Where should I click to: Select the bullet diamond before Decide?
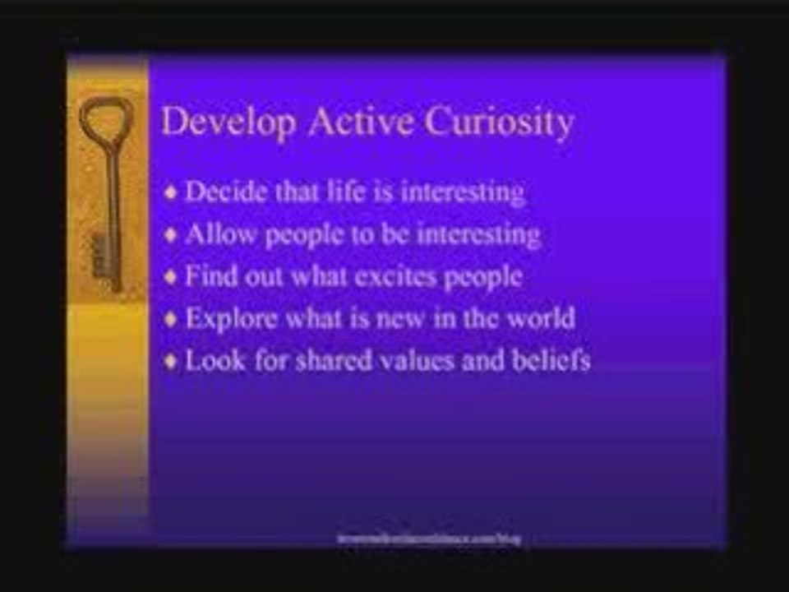171,194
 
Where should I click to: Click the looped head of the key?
106,119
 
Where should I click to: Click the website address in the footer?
429,539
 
